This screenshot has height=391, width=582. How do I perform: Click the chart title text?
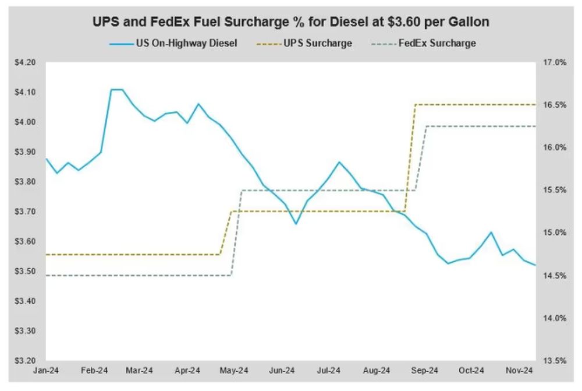[x=291, y=23]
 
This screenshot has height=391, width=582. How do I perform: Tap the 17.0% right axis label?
[x=555, y=62]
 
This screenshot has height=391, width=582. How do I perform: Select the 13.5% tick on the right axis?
[x=555, y=361]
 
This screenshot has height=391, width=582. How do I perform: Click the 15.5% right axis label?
[x=555, y=190]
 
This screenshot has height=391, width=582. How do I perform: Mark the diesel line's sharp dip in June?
[x=296, y=224]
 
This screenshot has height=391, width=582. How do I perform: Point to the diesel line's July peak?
[x=339, y=162]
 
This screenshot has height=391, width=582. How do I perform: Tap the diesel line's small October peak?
[x=491, y=233]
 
